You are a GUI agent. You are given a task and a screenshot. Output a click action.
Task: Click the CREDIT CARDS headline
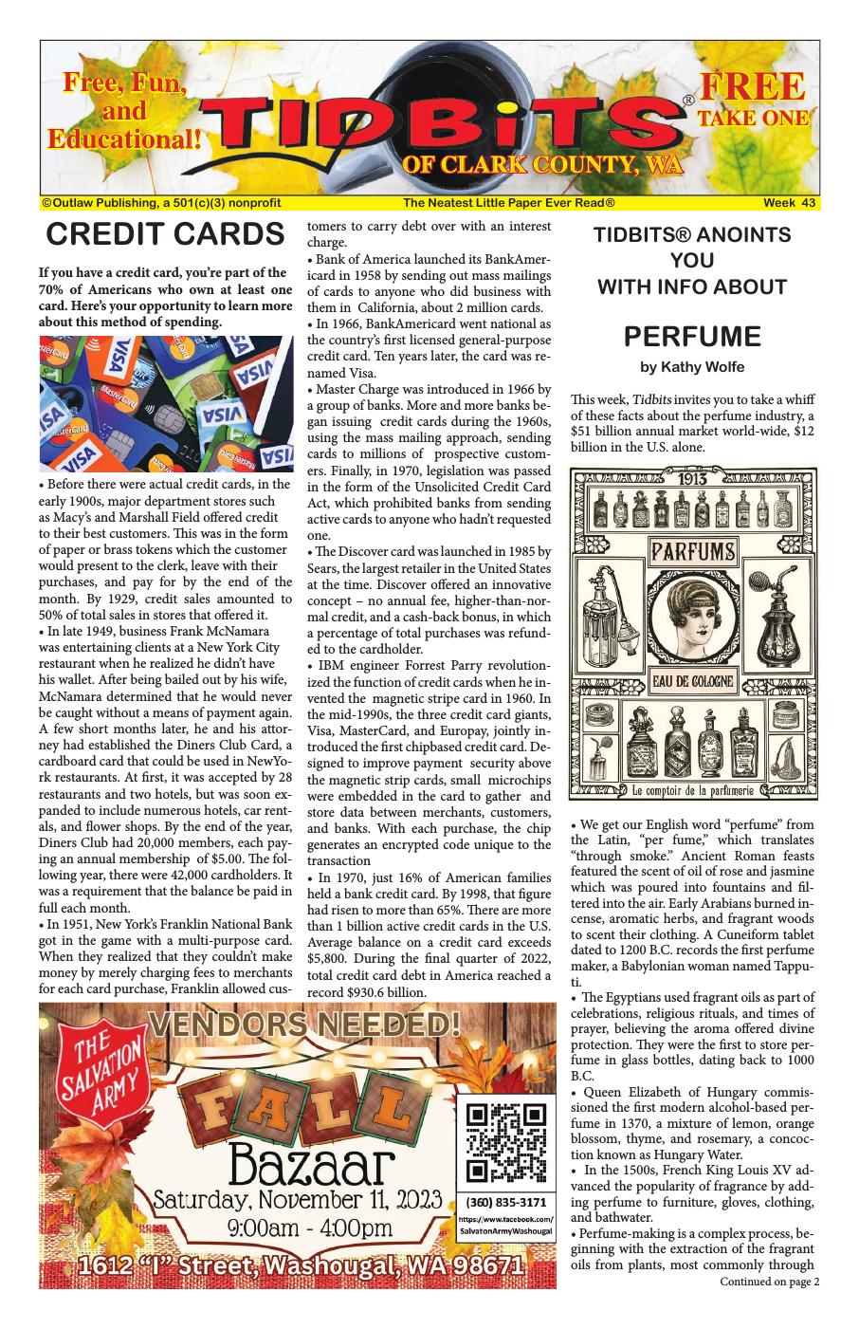tap(165, 234)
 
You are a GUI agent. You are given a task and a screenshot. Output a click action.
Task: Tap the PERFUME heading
tap(692, 337)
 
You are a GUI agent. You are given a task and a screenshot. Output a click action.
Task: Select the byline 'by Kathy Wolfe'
tap(692, 367)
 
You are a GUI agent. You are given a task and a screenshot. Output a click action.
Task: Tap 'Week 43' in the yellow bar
tap(789, 203)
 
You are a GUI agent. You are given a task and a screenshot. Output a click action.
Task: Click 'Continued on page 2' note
tap(769, 1282)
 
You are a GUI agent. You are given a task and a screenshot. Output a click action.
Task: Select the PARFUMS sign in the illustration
tap(691, 551)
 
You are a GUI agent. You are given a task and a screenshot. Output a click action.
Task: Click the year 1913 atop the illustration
tap(692, 478)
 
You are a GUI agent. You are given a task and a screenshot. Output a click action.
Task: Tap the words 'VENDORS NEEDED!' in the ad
tap(305, 1024)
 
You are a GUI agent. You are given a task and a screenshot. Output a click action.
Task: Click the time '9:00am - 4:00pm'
tap(296, 1229)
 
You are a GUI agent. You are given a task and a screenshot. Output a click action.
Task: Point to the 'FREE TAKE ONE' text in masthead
tap(753, 100)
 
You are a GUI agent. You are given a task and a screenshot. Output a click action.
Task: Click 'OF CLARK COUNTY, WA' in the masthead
tap(541, 165)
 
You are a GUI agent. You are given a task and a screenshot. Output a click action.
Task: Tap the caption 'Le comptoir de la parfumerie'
tap(692, 790)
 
